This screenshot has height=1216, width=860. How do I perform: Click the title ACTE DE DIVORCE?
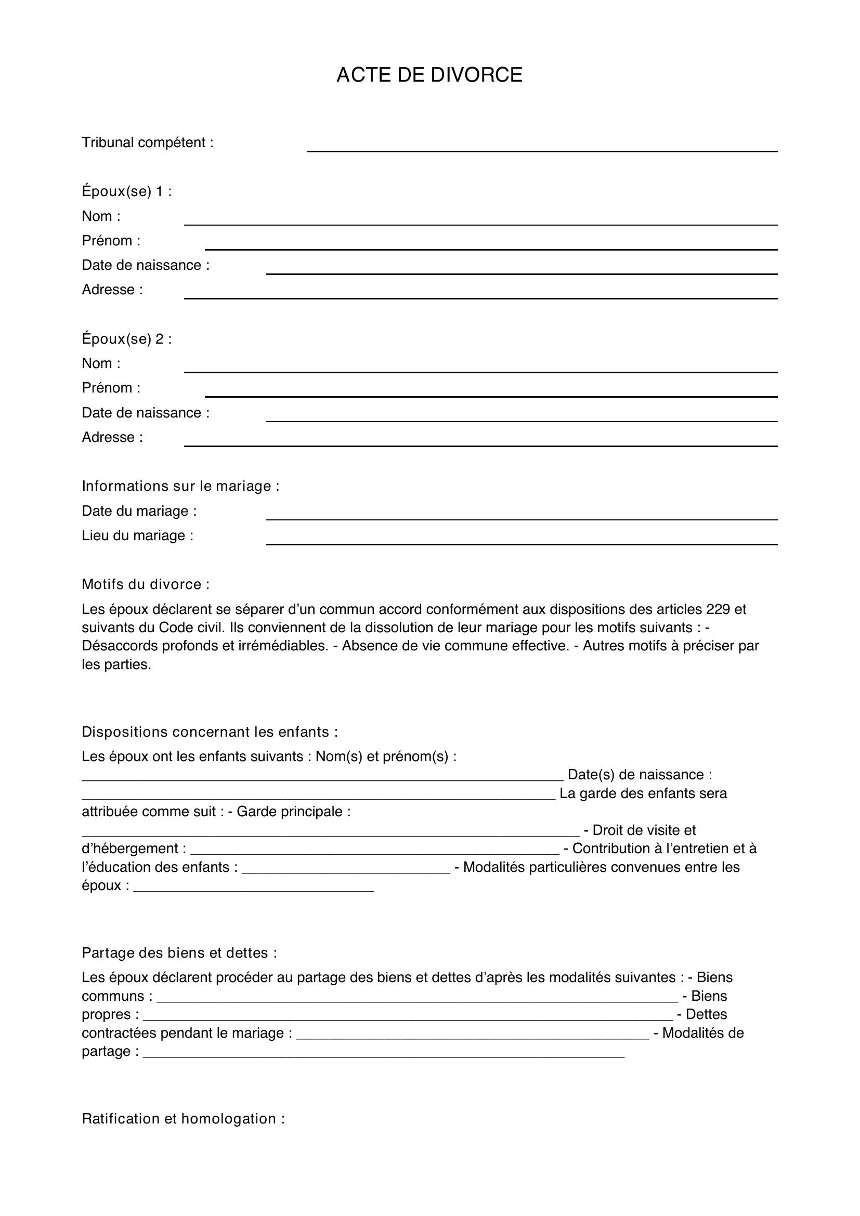click(x=429, y=75)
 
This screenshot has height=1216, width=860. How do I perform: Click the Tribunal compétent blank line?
click(x=542, y=150)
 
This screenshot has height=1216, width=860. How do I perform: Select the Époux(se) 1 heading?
click(x=126, y=191)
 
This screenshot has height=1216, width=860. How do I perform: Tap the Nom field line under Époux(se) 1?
click(x=480, y=224)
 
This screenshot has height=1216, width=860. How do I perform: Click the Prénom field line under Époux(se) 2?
click(x=491, y=396)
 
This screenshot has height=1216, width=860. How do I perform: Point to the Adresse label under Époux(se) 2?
click(x=112, y=437)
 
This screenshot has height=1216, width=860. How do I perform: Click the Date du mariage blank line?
click(x=522, y=518)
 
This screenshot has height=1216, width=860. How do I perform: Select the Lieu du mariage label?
click(x=137, y=535)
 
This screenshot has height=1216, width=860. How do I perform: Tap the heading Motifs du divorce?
click(x=146, y=584)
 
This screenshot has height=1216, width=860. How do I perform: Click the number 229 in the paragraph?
click(x=718, y=609)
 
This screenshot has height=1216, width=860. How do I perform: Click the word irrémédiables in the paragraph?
click(x=281, y=646)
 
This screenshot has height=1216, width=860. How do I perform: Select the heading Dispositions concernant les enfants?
click(x=210, y=732)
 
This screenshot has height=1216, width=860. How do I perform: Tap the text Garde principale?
click(x=293, y=812)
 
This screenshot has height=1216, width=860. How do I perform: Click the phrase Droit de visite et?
click(x=644, y=830)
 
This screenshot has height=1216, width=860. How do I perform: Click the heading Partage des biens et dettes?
click(x=179, y=953)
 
